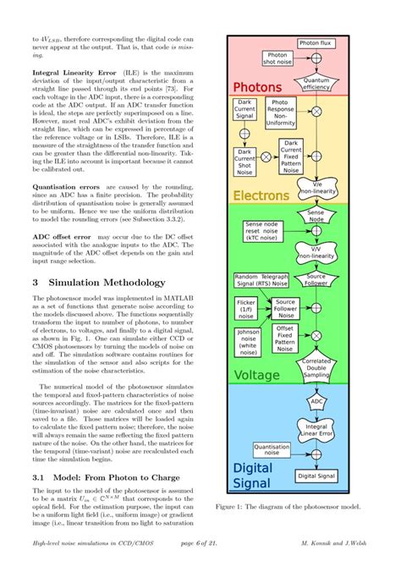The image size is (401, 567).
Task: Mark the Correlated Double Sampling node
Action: click(x=316, y=366)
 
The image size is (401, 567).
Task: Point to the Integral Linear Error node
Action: click(x=316, y=431)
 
